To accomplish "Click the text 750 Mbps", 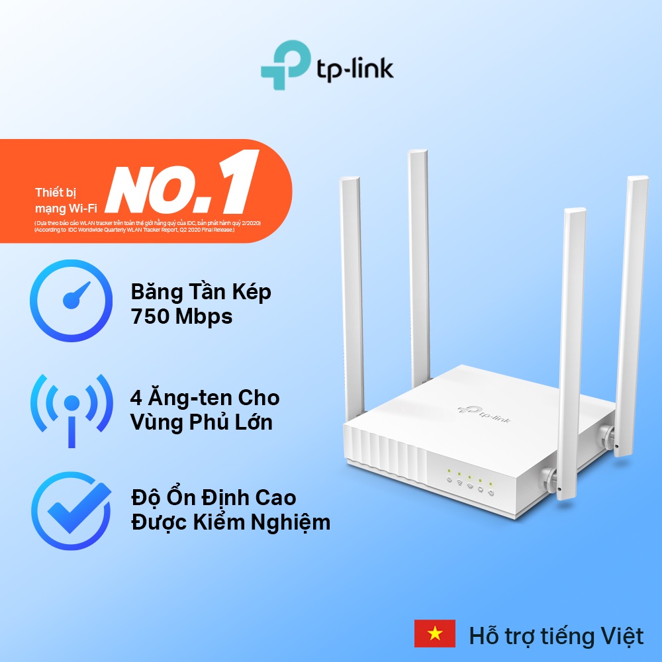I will tap(181, 317).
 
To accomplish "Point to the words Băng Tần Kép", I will tap(201, 292).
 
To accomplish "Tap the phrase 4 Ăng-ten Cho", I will tap(205, 398).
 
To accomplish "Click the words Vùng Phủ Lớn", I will tap(201, 423).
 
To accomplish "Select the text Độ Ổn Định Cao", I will tap(213, 497).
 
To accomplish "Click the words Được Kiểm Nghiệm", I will tap(230, 522).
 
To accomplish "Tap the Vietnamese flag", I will tap(434, 634).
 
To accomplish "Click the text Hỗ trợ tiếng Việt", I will tap(556, 636).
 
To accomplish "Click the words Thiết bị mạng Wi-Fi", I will tap(60, 201).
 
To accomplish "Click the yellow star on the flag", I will tap(434, 634).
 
